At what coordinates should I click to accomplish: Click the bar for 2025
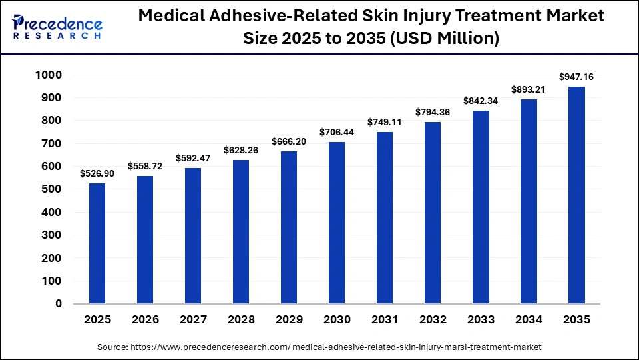point(97,243)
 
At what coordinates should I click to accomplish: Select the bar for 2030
point(337,223)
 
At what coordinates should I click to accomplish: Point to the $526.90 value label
point(97,173)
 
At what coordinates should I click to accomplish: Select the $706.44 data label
point(337,133)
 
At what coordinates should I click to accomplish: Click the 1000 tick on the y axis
point(48,75)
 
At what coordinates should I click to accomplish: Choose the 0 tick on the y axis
point(58,303)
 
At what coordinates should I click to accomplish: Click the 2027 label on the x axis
point(193,320)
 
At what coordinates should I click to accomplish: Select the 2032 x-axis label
point(433,320)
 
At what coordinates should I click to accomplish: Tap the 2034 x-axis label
point(529,320)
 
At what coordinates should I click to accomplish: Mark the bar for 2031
point(385,218)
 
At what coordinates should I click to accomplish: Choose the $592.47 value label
point(193,159)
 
